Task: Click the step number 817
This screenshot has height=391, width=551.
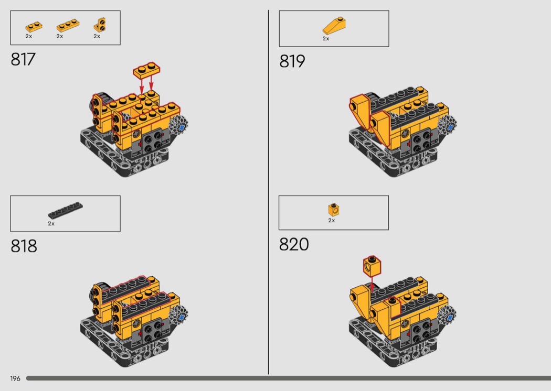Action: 23,59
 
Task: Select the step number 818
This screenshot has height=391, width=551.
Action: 24,246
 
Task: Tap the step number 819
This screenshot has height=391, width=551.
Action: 292,61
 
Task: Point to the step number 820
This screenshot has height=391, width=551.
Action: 294,244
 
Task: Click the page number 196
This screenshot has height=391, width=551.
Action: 15,378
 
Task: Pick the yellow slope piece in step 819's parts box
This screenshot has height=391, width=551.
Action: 334,26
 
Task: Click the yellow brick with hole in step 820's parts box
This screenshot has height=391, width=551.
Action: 334,209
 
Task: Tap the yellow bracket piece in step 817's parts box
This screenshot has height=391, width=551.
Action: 100,25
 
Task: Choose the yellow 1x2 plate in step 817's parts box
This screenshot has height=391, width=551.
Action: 34,27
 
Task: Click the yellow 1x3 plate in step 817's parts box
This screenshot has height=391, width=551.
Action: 68,26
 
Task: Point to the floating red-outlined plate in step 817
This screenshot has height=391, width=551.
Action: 146,71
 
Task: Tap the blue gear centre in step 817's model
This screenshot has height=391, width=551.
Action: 182,128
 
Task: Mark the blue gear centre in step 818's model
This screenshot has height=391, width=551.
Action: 182,317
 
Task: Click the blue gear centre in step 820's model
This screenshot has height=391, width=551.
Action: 450,318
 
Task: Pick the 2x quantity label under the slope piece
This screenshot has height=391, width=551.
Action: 326,39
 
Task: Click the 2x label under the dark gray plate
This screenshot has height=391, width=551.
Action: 51,224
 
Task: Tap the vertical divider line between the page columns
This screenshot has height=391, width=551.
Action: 269,192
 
